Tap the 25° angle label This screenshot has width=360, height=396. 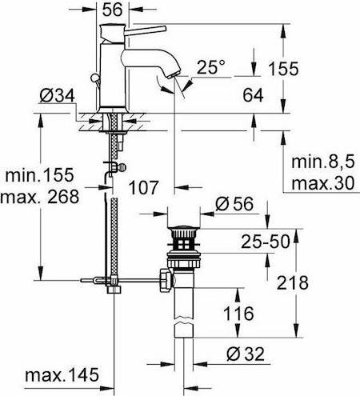point(212,68)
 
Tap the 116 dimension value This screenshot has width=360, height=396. point(239,312)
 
